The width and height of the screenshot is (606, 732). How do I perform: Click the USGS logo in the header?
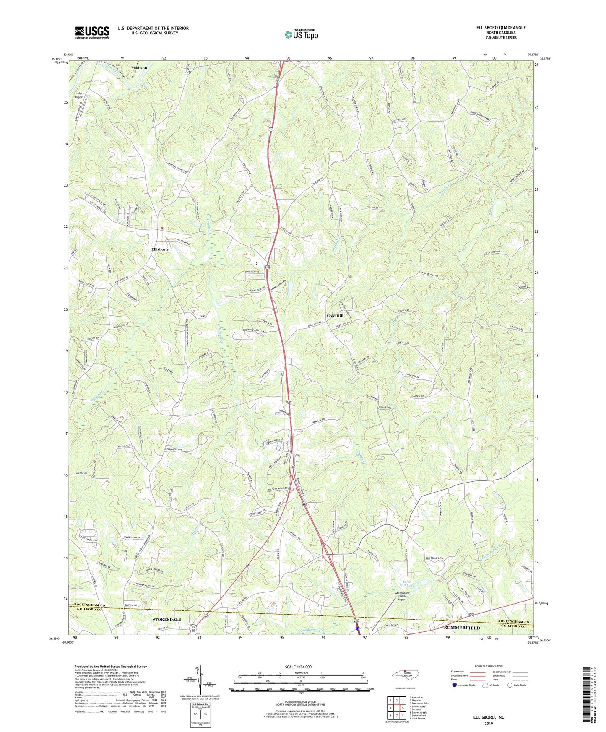pyautogui.click(x=92, y=32)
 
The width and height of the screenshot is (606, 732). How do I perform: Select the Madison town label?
pyautogui.click(x=139, y=67)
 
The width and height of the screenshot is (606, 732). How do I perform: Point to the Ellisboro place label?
pyautogui.click(x=159, y=249)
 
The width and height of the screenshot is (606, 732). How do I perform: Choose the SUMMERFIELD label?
pyautogui.click(x=462, y=628)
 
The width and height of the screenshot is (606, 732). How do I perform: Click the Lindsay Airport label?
pyautogui.click(x=79, y=95)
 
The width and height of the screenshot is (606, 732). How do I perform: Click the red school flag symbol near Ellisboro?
pyautogui.click(x=162, y=228)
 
